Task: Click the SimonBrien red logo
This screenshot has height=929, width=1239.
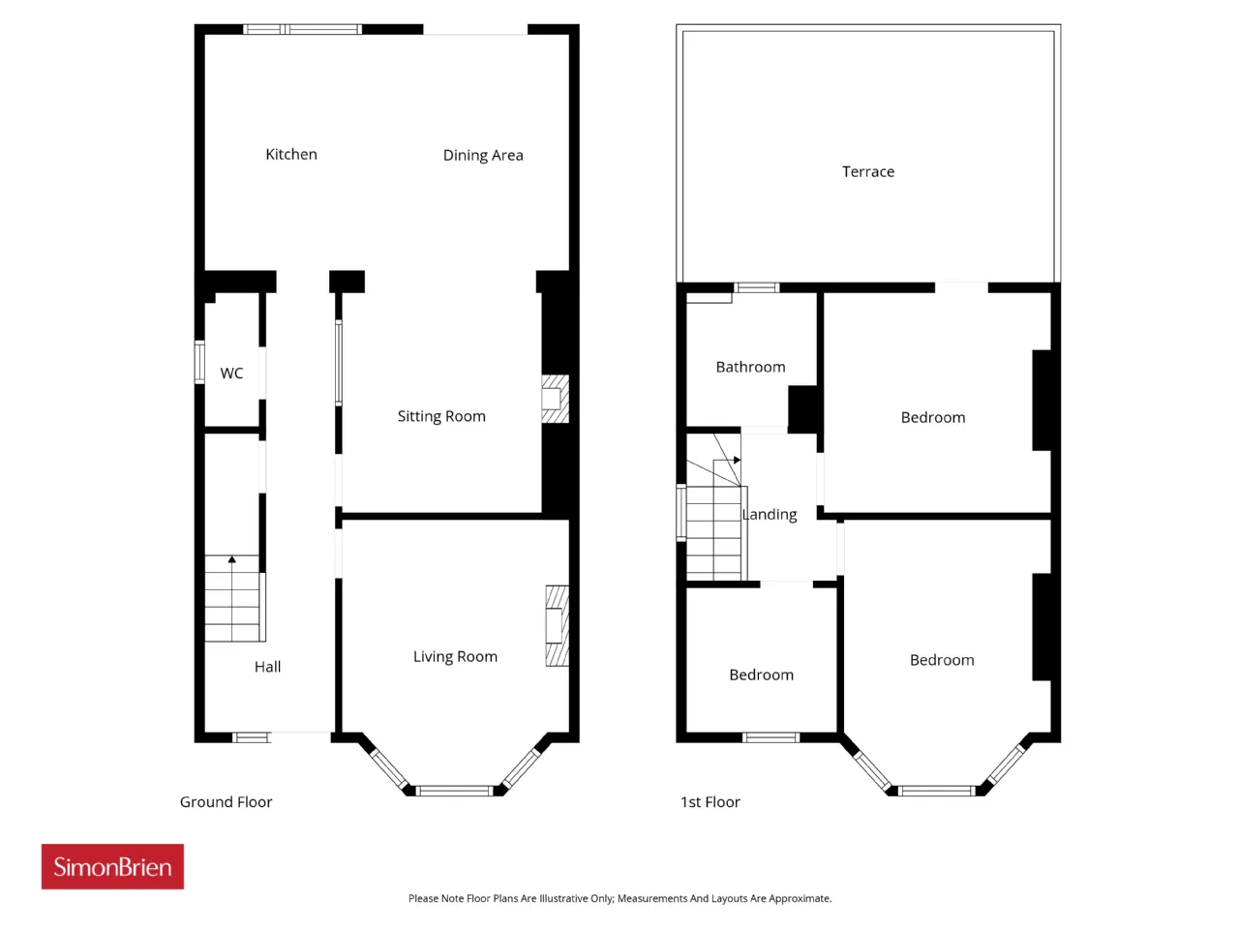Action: pos(112,866)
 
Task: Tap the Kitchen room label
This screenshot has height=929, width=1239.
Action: pos(291,154)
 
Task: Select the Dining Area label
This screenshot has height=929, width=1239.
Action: pos(483,155)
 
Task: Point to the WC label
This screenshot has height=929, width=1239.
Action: pos(231,373)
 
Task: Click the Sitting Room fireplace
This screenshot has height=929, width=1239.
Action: pos(555,399)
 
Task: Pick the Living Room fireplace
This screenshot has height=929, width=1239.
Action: pos(558,625)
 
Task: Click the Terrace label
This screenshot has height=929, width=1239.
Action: pos(867,171)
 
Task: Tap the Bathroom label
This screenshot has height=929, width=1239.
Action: pos(750,367)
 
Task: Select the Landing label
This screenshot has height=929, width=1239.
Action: pos(770,515)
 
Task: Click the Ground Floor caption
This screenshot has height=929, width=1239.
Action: pos(226,801)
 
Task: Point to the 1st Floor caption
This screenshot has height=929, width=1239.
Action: pos(710,801)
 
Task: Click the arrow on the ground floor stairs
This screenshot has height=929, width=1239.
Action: pos(232,559)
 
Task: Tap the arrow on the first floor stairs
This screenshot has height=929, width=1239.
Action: pos(737,460)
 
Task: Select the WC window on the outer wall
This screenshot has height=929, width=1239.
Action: pos(199,362)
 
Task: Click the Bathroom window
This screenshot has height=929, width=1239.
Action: pos(757,287)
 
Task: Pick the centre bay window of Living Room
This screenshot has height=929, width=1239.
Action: pos(454,791)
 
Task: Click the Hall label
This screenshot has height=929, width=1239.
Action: pos(267,667)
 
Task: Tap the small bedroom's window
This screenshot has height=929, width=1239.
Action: pos(771,737)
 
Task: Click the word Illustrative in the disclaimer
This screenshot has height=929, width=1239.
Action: pos(564,898)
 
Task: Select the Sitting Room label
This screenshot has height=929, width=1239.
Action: pos(441,416)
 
